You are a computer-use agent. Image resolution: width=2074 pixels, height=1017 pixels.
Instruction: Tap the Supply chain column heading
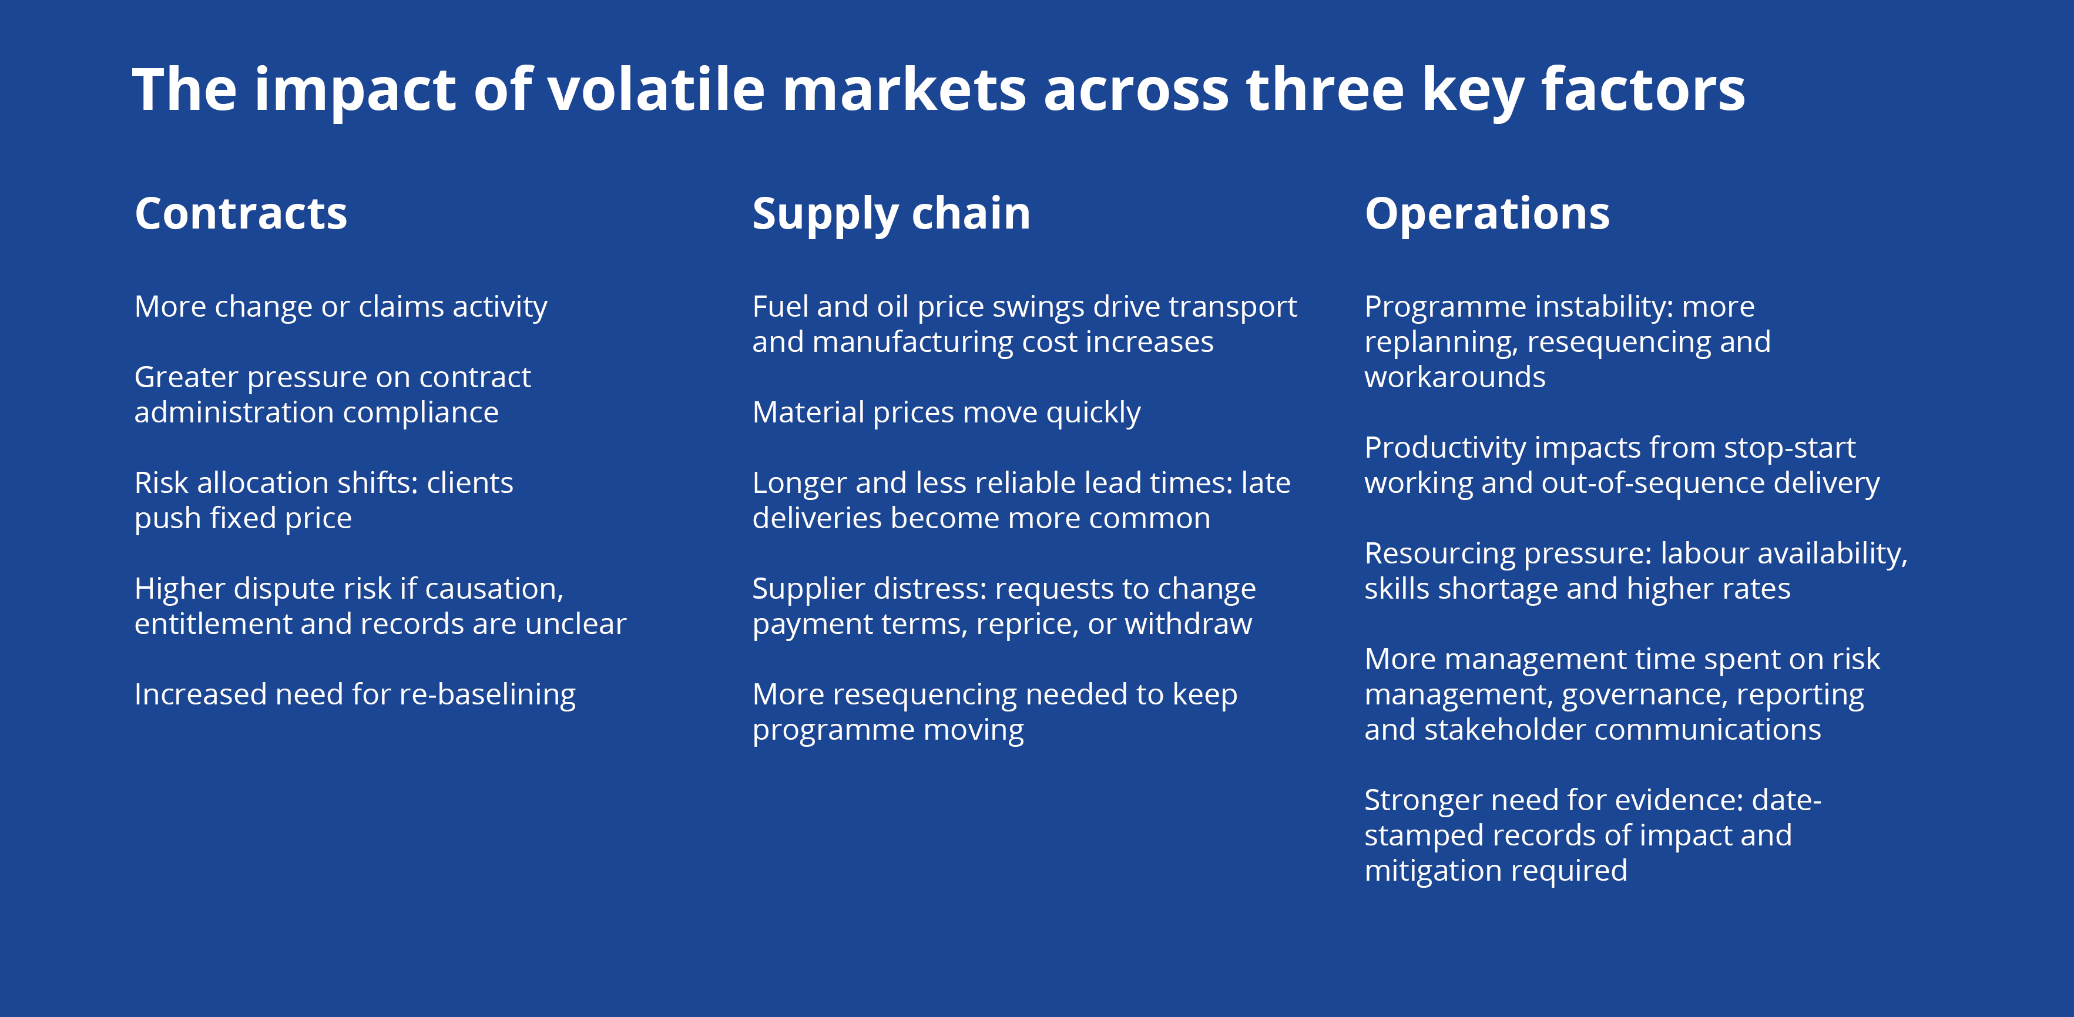[891, 215]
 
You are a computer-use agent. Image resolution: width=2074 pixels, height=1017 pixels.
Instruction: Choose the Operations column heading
[1487, 215]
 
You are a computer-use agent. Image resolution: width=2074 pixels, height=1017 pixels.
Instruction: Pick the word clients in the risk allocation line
[470, 483]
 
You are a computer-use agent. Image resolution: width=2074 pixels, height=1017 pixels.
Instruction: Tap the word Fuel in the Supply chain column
[777, 307]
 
